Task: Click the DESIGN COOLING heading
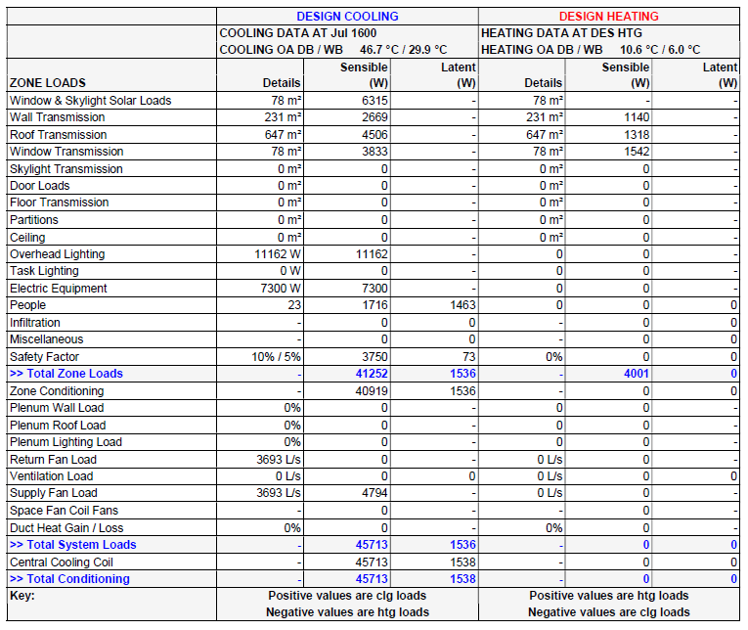tap(347, 16)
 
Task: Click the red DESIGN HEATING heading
tap(608, 16)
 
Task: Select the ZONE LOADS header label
tap(48, 83)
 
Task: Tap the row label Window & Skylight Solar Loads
tap(90, 101)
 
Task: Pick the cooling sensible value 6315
tap(372, 101)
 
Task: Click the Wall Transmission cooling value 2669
tap(372, 117)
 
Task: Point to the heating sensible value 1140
tap(634, 117)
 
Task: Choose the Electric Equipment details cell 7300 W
tap(277, 289)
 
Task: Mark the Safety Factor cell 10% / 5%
tap(276, 357)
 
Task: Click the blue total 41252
tap(369, 374)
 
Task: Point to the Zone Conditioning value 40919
tap(369, 391)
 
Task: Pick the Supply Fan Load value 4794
tap(372, 493)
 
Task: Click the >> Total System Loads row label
tap(72, 545)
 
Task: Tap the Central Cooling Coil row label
tap(62, 562)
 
